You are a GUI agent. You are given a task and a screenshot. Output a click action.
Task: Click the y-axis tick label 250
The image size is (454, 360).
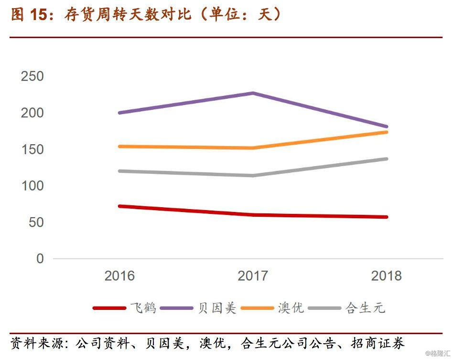tap(32, 76)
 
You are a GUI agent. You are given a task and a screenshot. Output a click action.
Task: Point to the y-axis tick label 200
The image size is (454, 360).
tap(32, 113)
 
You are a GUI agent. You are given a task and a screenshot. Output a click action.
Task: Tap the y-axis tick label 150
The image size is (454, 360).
tap(32, 149)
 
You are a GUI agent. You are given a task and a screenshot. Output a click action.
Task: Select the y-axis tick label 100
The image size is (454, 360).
tap(32, 186)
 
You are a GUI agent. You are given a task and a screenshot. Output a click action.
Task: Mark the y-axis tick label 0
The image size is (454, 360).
tap(40, 259)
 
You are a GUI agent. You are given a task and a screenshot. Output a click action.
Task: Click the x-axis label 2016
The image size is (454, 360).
tap(119, 276)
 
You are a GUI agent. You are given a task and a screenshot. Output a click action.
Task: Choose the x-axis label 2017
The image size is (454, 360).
tap(253, 276)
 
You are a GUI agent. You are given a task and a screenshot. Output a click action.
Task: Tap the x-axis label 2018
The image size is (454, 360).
tap(387, 276)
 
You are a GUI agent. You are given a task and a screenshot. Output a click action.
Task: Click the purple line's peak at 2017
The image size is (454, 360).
tap(253, 93)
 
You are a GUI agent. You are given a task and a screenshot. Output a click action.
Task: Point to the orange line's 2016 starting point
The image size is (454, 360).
tap(119, 146)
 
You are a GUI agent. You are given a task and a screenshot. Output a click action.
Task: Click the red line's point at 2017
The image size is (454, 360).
tap(253, 215)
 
